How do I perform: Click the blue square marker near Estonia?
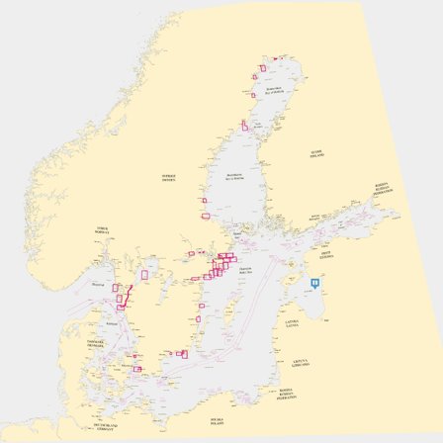coord(315,283)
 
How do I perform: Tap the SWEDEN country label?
coord(167,176)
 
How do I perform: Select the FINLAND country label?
coord(316,154)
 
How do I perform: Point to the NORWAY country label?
coord(103,229)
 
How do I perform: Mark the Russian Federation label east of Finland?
coord(381,187)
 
